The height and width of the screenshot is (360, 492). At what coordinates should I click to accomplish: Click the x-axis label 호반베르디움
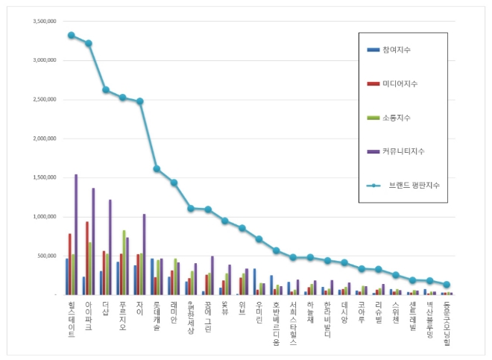point(276,321)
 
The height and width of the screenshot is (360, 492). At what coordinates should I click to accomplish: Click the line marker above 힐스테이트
point(71,35)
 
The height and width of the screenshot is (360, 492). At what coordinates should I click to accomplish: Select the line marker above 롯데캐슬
point(157,168)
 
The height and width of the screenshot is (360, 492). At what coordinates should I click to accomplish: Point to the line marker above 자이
point(139,101)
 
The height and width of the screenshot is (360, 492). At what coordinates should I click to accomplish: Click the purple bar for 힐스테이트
point(76,234)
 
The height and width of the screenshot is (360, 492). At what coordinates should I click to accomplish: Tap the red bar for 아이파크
point(87,258)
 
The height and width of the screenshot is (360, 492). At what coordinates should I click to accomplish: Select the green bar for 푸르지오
point(124,262)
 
